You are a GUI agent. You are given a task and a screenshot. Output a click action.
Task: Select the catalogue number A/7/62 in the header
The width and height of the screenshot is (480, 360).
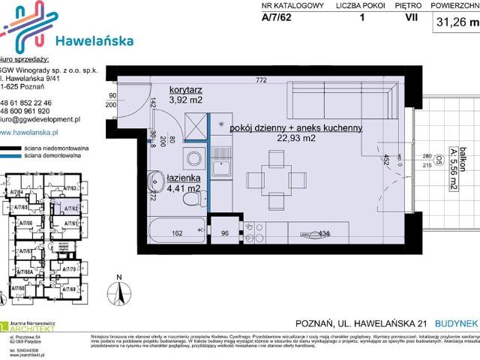point(277,20)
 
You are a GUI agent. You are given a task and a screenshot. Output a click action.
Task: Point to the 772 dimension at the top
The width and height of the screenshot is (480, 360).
point(261,79)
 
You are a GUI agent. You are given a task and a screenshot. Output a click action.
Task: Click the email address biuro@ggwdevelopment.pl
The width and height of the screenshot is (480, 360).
point(40,119)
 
